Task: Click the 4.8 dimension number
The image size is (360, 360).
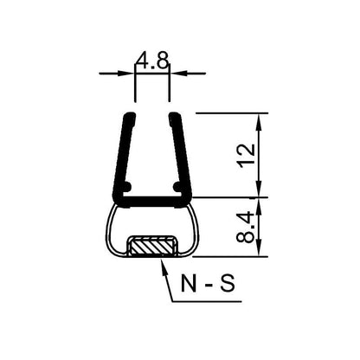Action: (152, 61)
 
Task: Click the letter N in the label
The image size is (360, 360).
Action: (190, 286)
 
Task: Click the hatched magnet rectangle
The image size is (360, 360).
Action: (152, 247)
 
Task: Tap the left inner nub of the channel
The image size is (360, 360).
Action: (128, 186)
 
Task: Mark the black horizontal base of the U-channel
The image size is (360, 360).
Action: (152, 202)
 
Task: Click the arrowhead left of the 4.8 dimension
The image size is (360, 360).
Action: (131, 74)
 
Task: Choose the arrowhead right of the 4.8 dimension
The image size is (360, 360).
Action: (174, 74)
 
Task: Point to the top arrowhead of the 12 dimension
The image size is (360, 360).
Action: (257, 119)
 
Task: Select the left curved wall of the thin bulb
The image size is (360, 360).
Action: (109, 229)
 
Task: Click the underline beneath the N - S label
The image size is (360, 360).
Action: (208, 301)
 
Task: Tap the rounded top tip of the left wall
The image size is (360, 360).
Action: (130, 115)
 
